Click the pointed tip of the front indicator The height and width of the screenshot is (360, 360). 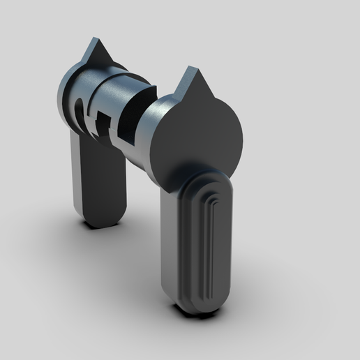pos(189,68)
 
